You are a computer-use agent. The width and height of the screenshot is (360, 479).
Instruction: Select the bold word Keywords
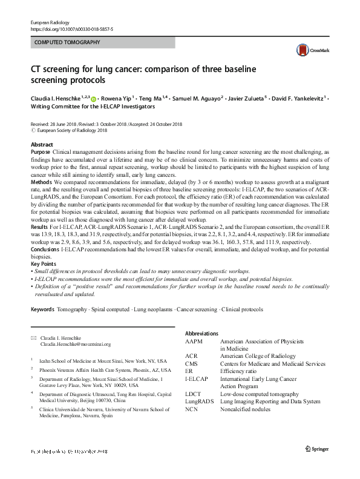[42, 309]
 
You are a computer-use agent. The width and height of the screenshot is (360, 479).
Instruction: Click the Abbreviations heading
[201, 334]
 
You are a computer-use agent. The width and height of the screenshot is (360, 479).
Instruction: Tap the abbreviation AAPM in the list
[194, 342]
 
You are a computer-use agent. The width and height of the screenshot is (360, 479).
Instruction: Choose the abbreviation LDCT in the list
[193, 394]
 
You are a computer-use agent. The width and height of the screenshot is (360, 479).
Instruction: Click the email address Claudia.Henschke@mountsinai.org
[75, 344]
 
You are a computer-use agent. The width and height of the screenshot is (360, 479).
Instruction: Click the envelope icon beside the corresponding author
[33, 337]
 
